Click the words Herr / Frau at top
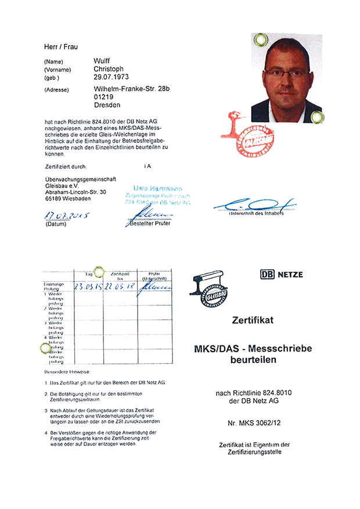point(61,46)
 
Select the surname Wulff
point(102,61)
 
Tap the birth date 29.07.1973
point(111,77)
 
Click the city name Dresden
point(107,105)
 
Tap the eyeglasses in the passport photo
point(287,73)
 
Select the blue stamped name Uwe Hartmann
point(157,189)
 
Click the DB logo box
point(268,274)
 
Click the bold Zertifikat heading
point(252,319)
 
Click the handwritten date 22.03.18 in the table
point(120,287)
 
